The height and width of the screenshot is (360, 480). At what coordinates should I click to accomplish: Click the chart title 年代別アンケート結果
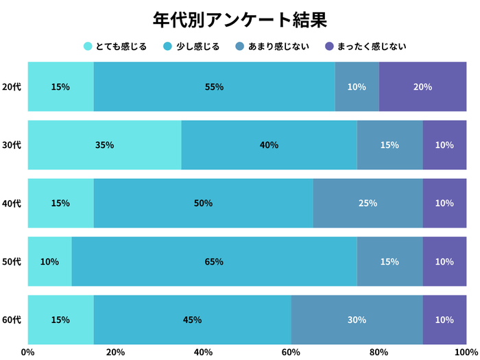[x=239, y=19]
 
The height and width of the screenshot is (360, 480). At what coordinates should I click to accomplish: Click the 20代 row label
[x=12, y=87]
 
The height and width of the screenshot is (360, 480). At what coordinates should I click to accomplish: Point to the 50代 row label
[x=12, y=262]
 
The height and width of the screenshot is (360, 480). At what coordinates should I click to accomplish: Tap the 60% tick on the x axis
[x=291, y=352]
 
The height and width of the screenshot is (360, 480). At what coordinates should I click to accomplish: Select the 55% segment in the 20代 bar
[x=214, y=87]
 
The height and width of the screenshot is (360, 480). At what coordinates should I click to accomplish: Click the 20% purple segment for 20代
[x=422, y=87]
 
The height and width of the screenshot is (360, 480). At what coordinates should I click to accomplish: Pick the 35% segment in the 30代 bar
[x=104, y=145]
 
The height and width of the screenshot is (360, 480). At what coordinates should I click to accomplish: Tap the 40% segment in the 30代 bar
[x=269, y=145]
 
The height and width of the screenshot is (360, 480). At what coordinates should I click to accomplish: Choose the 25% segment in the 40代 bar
[x=368, y=204]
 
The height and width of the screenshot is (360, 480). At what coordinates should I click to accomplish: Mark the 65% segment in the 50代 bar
[x=214, y=262]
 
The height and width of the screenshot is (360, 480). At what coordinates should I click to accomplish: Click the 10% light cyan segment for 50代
[x=49, y=262]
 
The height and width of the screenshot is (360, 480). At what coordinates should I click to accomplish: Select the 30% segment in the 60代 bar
[x=357, y=320]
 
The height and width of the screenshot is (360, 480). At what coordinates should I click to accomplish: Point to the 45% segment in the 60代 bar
[x=192, y=320]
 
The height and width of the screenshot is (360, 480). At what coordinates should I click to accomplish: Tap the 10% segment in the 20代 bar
[x=357, y=87]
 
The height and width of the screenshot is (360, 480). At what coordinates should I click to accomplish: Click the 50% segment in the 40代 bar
[x=203, y=204]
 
